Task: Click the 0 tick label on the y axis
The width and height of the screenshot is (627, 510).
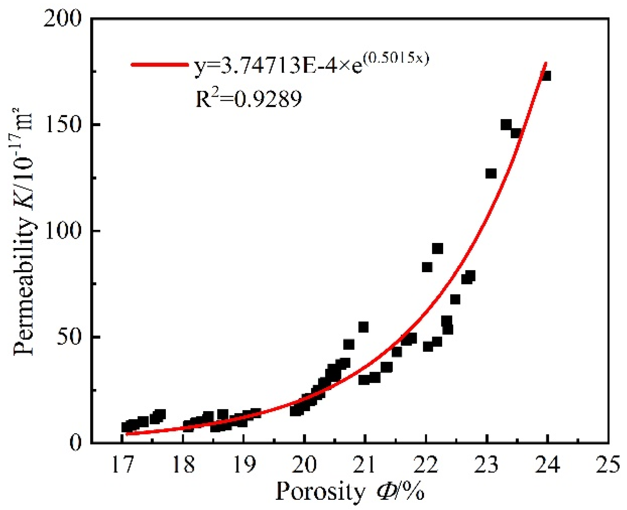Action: coord(76,443)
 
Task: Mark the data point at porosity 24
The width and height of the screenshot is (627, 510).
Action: coord(546,76)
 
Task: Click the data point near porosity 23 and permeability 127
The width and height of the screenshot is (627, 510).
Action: coord(491,174)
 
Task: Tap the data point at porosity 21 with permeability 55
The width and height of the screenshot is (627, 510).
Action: coord(363,327)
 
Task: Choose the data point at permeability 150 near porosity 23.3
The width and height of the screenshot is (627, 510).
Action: coord(506,125)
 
